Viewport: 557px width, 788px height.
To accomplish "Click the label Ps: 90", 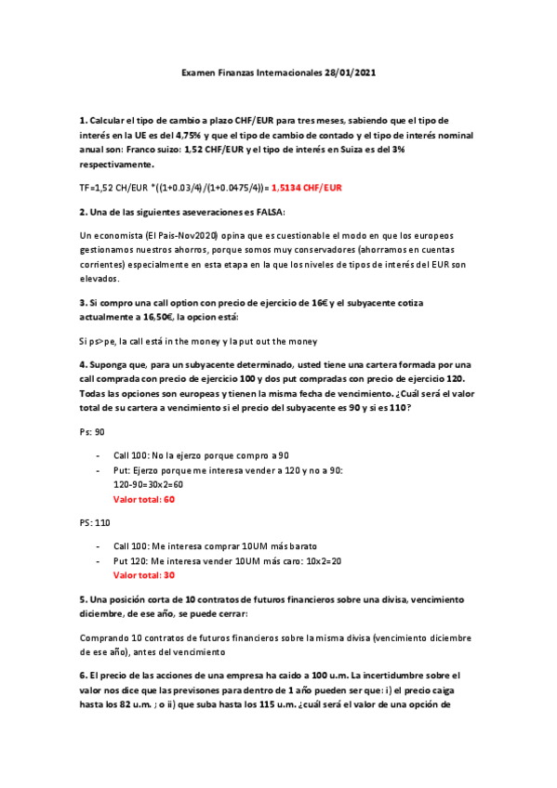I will (x=93, y=433).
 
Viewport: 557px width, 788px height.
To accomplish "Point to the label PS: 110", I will (x=96, y=522).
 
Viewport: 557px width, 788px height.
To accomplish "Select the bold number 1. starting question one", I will (x=84, y=121).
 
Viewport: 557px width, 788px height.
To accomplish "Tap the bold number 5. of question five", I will (x=84, y=599).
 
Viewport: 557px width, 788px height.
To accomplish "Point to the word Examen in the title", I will (x=196, y=72).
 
